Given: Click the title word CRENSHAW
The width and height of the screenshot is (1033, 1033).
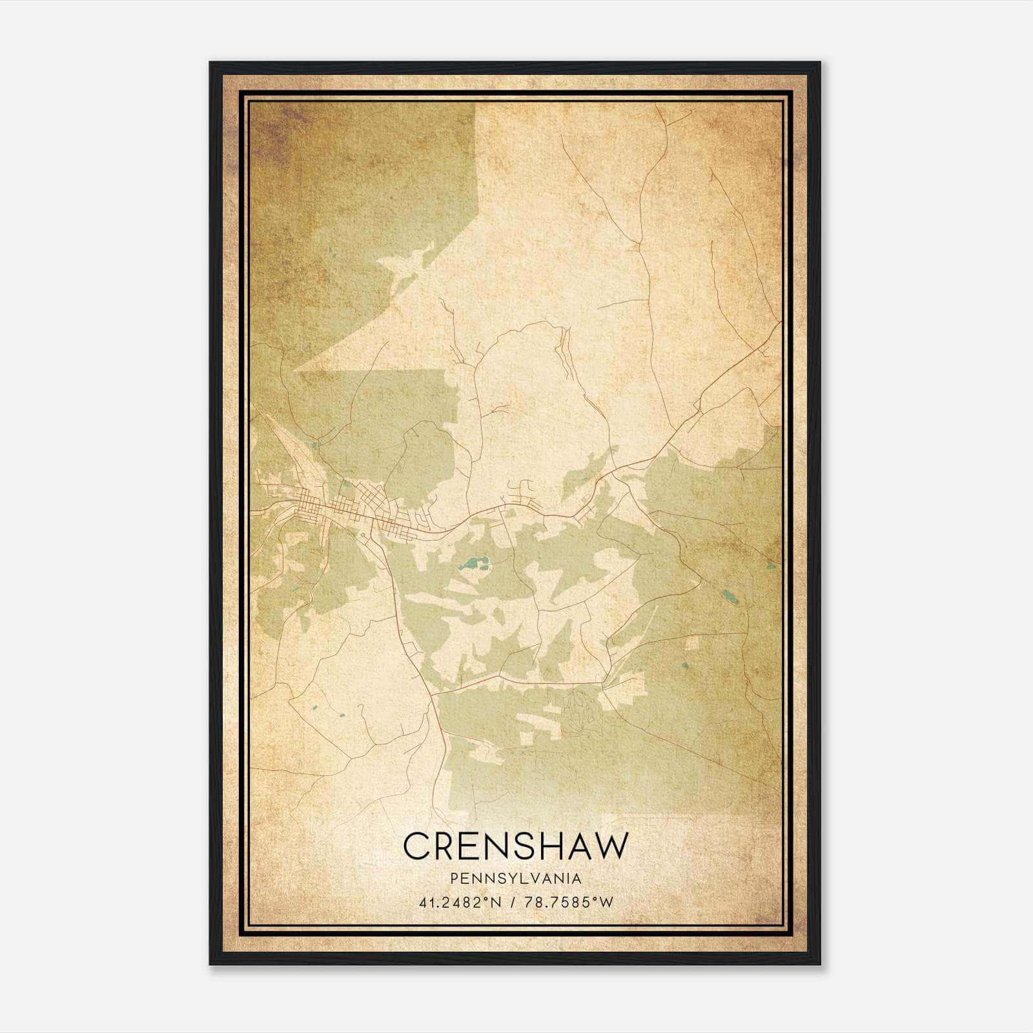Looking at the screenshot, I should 515,846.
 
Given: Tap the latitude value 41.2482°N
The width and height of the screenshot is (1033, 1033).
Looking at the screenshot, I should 458,903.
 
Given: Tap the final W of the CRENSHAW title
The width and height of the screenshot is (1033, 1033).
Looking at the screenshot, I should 611,846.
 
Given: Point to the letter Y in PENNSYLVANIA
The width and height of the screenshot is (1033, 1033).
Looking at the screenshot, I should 508,879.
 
